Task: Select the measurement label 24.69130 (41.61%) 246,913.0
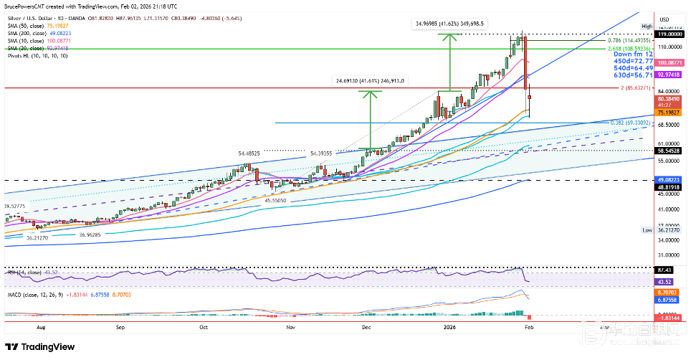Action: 368,81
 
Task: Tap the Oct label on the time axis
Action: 204,326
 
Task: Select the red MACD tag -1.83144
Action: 671,317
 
